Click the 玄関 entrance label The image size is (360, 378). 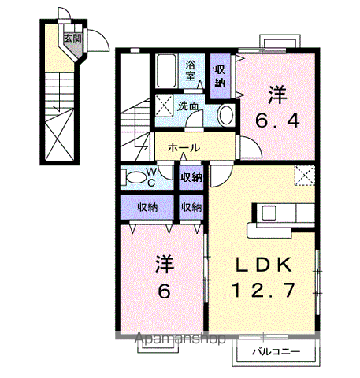pyautogui.click(x=72, y=39)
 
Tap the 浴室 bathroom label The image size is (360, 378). pyautogui.click(x=191, y=70)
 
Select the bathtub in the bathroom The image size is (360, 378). pyautogui.click(x=166, y=71)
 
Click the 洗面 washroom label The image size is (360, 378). pyautogui.click(x=187, y=106)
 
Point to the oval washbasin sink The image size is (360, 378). pyautogui.click(x=226, y=115)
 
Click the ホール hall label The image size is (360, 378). pyautogui.click(x=184, y=148)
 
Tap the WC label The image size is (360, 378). pyautogui.click(x=151, y=177)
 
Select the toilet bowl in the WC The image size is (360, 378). pyautogui.click(x=136, y=178)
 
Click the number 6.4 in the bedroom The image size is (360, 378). pyautogui.click(x=277, y=121)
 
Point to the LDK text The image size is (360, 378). pyautogui.click(x=264, y=265)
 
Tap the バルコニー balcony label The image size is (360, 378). pyautogui.click(x=276, y=351)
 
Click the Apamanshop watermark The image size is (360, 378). pyautogui.click(x=180, y=339)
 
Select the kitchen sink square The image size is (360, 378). pyautogui.click(x=269, y=213)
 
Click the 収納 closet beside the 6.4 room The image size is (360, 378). pyautogui.click(x=220, y=76)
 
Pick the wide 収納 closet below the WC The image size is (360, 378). pyautogui.click(x=147, y=207)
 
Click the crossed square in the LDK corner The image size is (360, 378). pyautogui.click(x=305, y=175)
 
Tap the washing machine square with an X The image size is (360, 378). pyautogui.click(x=164, y=105)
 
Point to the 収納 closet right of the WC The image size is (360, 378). pyautogui.click(x=191, y=178)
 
